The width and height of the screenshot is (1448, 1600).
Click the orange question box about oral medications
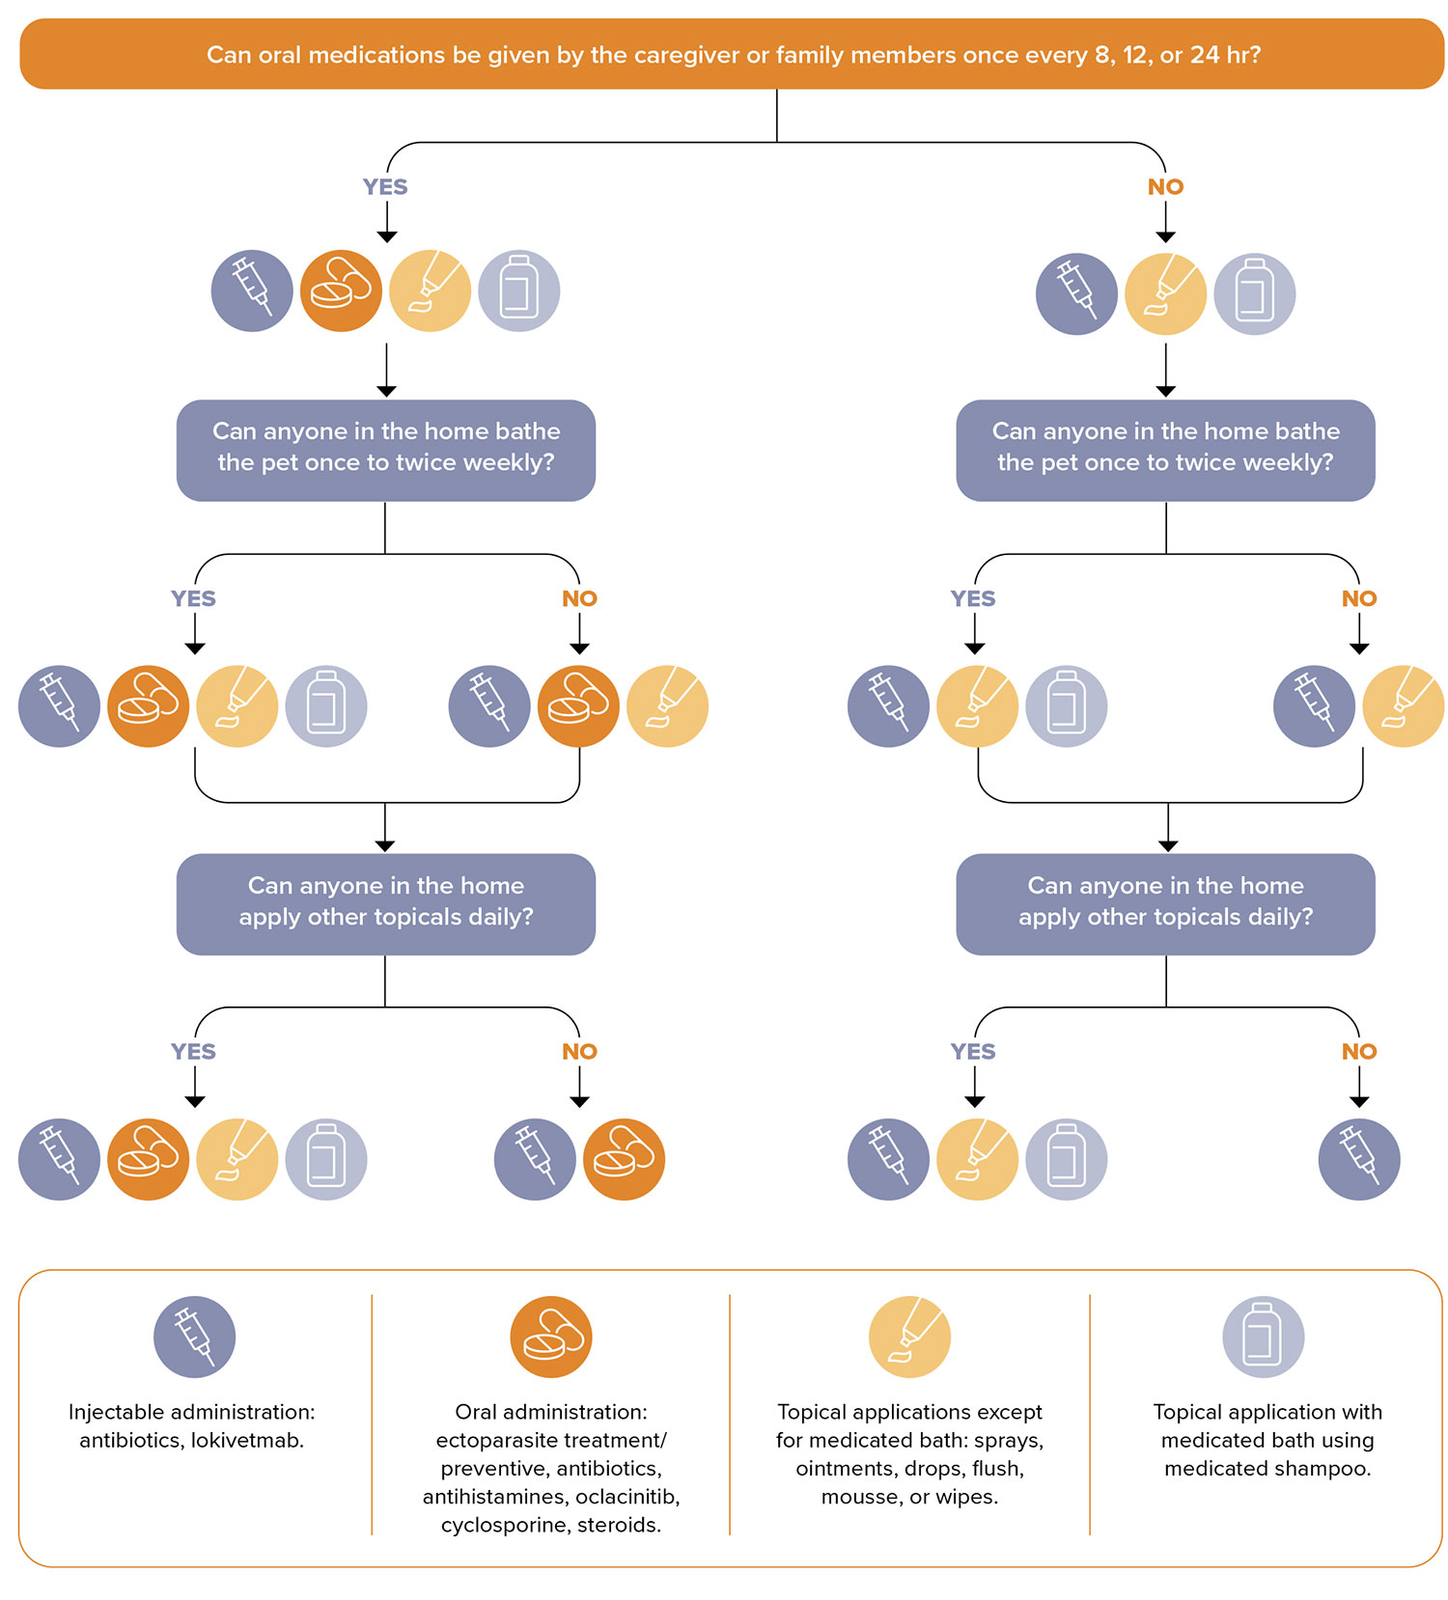tap(732, 54)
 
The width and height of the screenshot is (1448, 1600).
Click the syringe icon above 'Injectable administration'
tap(194, 1337)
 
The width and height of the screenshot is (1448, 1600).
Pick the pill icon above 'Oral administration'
tap(551, 1337)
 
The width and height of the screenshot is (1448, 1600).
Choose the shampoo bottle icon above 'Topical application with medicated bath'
tap(1264, 1337)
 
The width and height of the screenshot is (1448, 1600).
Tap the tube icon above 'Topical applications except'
tap(909, 1337)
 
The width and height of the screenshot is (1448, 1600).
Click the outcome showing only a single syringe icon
tap(1359, 1159)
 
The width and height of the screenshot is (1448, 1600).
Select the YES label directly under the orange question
tap(385, 187)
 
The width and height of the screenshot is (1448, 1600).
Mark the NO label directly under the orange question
tap(1165, 187)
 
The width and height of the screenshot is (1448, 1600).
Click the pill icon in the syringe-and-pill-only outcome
tap(624, 1159)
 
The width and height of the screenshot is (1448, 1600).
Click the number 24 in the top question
tap(1205, 54)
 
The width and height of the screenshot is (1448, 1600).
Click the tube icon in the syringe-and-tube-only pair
tap(1404, 706)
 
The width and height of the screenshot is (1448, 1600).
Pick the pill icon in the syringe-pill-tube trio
tap(578, 706)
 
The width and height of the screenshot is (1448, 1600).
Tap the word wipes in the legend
tap(967, 1497)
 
